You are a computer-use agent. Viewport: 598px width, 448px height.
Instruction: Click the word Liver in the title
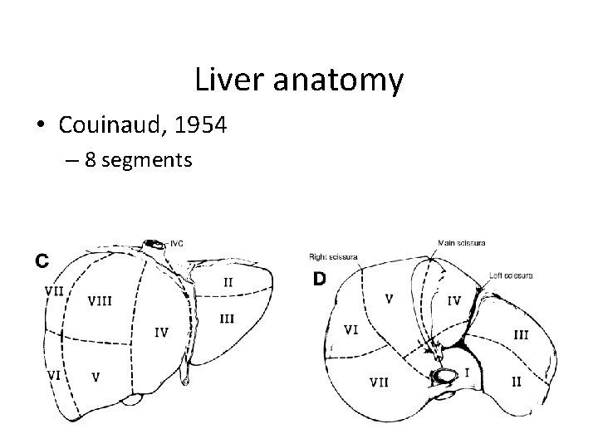tap(229, 80)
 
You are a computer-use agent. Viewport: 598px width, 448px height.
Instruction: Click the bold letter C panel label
tap(42, 261)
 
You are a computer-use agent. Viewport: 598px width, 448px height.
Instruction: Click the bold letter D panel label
tap(319, 280)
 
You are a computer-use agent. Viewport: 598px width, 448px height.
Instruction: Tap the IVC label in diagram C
tap(178, 243)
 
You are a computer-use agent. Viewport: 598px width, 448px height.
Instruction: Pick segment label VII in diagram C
tap(55, 290)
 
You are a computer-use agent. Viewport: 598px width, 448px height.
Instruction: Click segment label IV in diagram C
tap(162, 333)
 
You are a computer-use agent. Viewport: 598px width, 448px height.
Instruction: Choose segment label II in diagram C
tap(227, 282)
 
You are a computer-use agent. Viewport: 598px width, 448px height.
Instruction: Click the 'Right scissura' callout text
tap(333, 256)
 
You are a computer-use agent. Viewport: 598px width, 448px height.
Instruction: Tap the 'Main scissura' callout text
tap(462, 243)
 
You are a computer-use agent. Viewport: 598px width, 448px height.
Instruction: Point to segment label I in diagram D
tap(466, 373)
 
